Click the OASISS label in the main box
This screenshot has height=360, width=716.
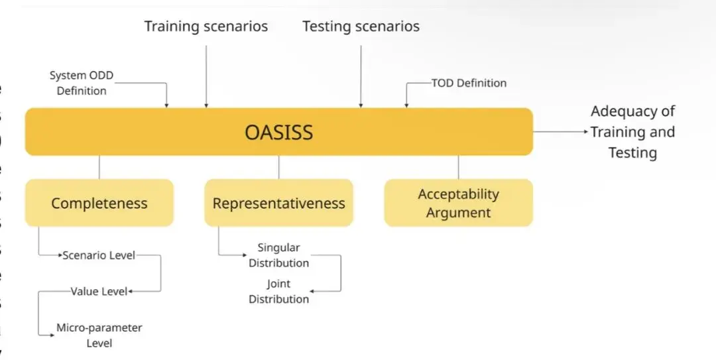point(278,132)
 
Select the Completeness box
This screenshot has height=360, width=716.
point(99,203)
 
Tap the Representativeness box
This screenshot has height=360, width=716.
point(278,203)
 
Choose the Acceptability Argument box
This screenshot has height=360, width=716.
point(458,203)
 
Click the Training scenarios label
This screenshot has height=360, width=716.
point(206,27)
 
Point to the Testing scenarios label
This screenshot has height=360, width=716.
point(361,27)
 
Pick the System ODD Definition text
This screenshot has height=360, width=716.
point(82,83)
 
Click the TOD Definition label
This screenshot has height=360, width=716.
point(469,83)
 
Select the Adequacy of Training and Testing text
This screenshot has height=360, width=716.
point(632,132)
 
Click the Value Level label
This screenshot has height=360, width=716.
point(99,291)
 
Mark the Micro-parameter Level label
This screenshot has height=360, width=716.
point(99,335)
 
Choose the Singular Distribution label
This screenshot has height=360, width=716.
point(278,255)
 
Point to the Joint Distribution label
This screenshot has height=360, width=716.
point(278,291)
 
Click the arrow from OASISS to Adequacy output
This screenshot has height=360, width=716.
point(560,132)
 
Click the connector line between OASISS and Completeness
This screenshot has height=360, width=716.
point(99,167)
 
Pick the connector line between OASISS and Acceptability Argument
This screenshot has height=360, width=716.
point(458,167)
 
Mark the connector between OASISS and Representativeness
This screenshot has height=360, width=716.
point(278,167)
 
